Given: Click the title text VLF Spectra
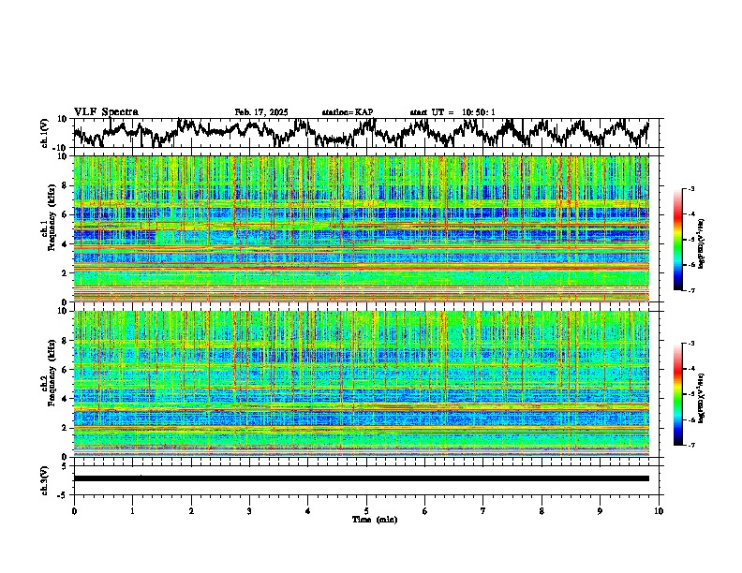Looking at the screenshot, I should coord(106,111).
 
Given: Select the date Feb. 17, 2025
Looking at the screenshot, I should coord(261,112).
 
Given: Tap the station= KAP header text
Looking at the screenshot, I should coord(347,112).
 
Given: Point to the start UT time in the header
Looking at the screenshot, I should coord(453,112).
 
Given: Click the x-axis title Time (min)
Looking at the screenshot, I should coord(374,519).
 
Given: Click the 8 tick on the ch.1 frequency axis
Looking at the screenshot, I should coord(66,185).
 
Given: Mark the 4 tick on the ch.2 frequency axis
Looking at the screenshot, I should coord(66,398).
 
